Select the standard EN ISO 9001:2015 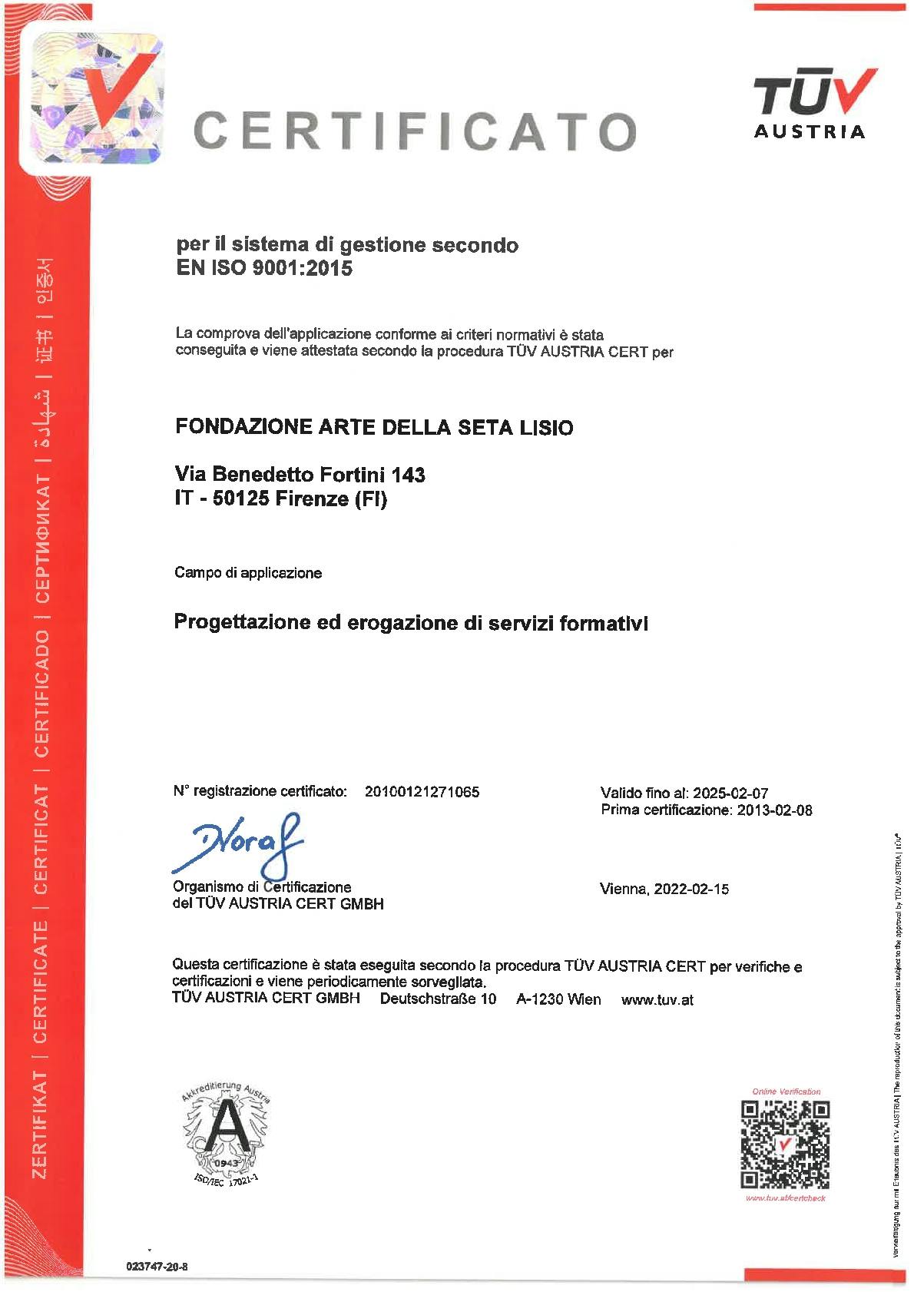pyautogui.click(x=264, y=268)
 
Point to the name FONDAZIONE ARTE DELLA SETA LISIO pyautogui.click(x=374, y=427)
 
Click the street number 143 pyautogui.click(x=409, y=475)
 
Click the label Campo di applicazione pyautogui.click(x=248, y=573)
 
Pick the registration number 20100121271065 pyautogui.click(x=422, y=792)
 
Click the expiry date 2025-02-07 pyautogui.click(x=730, y=793)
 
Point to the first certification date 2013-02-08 pyautogui.click(x=774, y=810)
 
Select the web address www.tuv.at pyautogui.click(x=657, y=999)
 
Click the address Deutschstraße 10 pyautogui.click(x=438, y=999)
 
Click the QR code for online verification pyautogui.click(x=784, y=1145)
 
